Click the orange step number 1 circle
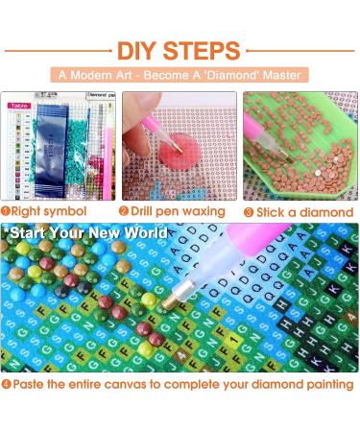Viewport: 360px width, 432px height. (7, 210)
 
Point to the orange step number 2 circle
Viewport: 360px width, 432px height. (126, 210)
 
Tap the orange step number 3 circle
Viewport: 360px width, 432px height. (247, 210)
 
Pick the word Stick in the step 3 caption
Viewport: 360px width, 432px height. (272, 210)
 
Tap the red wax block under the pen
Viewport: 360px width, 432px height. (181, 150)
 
